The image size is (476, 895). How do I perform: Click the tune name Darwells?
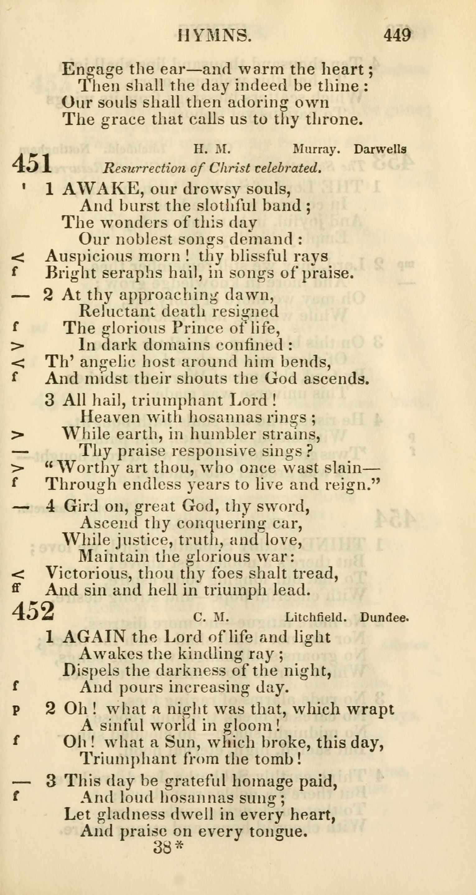point(380,149)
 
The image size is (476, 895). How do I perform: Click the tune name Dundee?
point(384,617)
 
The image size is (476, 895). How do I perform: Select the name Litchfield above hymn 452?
point(316,617)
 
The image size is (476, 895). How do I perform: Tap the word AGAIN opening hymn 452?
point(95,636)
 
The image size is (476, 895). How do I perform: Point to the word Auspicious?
point(89,257)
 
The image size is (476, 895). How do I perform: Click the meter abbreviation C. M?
point(211,617)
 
